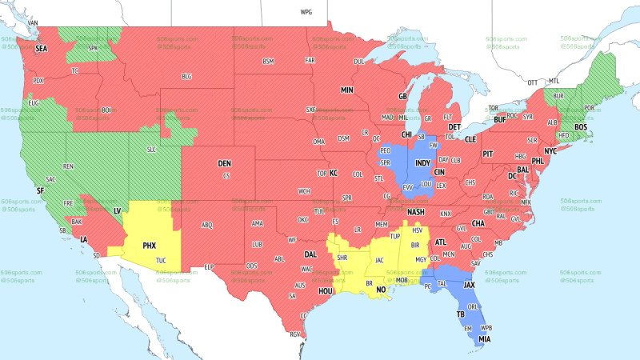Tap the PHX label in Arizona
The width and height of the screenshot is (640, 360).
click(x=149, y=246)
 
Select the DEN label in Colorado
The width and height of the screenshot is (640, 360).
click(x=225, y=163)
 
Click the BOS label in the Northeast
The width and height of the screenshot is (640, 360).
click(x=581, y=127)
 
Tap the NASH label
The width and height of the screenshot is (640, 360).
click(x=416, y=211)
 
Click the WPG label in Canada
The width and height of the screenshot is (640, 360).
click(x=306, y=13)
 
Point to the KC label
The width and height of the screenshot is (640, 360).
click(x=334, y=173)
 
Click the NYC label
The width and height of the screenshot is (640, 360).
click(x=550, y=150)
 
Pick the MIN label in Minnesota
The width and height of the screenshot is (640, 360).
click(x=347, y=90)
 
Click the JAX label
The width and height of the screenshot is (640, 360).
click(x=470, y=284)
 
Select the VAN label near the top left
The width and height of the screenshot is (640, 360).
click(x=34, y=22)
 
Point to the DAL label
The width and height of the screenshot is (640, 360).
click(x=310, y=254)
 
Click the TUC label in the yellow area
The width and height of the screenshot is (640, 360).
click(x=161, y=261)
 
